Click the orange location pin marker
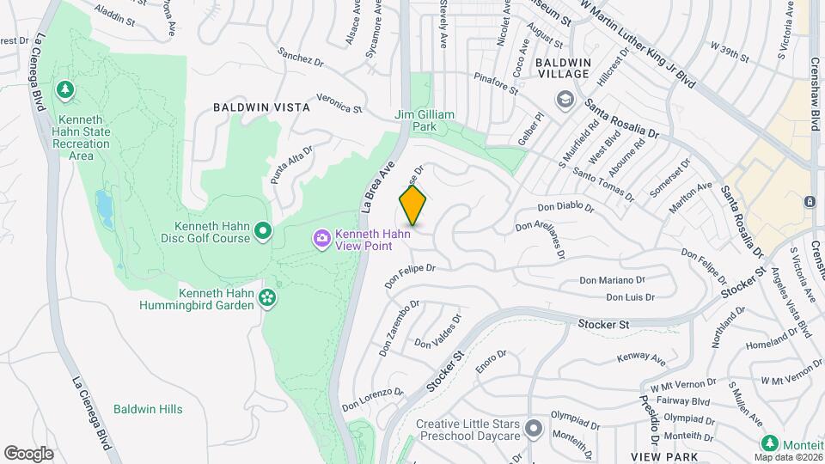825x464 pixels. click(x=413, y=205)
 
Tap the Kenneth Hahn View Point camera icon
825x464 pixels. click(x=322, y=238)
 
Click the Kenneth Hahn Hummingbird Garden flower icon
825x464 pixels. click(x=268, y=298)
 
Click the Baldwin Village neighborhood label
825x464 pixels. click(x=563, y=69)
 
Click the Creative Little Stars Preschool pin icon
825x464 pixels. click(x=534, y=428)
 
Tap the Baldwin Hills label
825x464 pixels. click(x=148, y=409)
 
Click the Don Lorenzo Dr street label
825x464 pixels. click(x=372, y=399)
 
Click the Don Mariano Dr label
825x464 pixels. click(x=612, y=280)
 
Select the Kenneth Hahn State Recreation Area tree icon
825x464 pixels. click(x=65, y=89)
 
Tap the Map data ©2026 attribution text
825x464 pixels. click(x=786, y=457)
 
